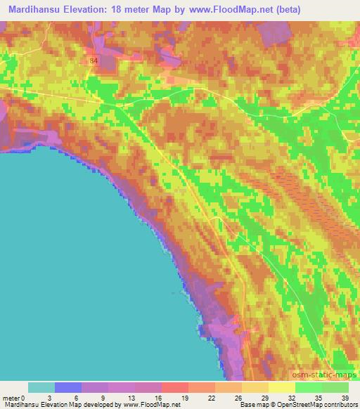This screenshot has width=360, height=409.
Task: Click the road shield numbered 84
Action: click(94, 62)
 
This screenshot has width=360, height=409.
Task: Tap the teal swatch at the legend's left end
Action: click(41, 387)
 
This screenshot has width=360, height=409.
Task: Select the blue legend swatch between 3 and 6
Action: click(68, 387)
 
